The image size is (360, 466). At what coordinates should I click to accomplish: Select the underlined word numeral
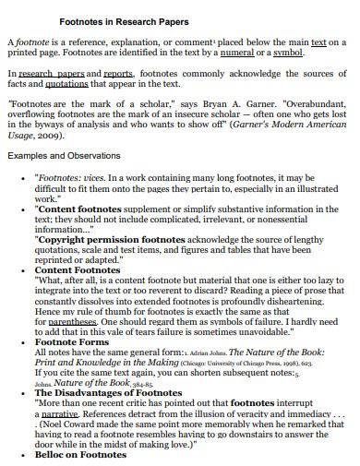click(256, 54)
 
